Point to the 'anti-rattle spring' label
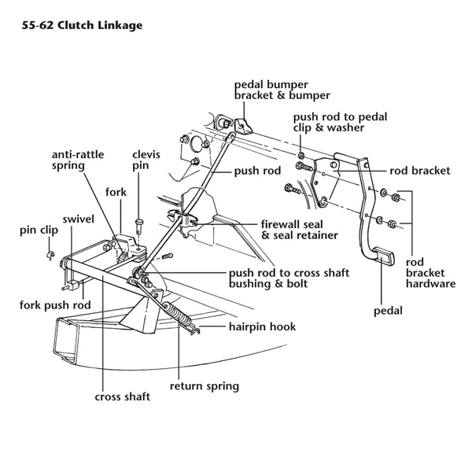(78, 160)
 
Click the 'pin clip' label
(36, 230)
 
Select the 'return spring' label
(205, 386)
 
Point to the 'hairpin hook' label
(262, 326)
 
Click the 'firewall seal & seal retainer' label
(300, 229)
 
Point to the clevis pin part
(139, 226)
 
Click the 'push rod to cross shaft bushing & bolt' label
(288, 278)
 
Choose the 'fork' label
(116, 191)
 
